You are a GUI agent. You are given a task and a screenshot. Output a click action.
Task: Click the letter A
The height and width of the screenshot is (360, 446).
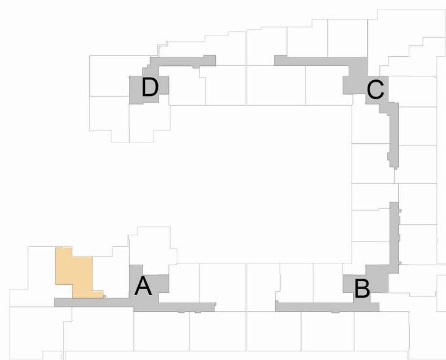click(x=143, y=287)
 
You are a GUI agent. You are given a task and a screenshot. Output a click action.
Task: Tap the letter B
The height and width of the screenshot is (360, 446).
click(x=362, y=289)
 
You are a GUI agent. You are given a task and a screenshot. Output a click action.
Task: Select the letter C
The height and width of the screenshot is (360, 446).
click(x=376, y=90)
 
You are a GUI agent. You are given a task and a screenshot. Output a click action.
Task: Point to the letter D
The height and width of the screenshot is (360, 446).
click(x=150, y=87)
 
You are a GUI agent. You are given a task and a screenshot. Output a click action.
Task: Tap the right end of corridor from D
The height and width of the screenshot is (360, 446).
click(x=215, y=61)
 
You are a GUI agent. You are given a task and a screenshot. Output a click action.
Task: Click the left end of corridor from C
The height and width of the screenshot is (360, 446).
click(x=275, y=61)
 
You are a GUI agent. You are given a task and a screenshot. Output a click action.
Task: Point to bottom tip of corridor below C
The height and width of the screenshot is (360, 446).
click(x=395, y=169)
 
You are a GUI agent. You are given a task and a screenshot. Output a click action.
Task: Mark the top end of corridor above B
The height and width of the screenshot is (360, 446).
click(x=394, y=202)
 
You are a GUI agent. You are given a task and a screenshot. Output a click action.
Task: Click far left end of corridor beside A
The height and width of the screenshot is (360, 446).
click(x=54, y=303)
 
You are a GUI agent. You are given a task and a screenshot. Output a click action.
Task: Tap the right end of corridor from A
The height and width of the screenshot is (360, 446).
click(x=215, y=307)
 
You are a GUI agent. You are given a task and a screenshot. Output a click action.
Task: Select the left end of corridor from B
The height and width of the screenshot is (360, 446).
click(x=276, y=306)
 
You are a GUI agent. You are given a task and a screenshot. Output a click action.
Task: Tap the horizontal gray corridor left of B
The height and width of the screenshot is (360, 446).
click(x=315, y=307)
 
